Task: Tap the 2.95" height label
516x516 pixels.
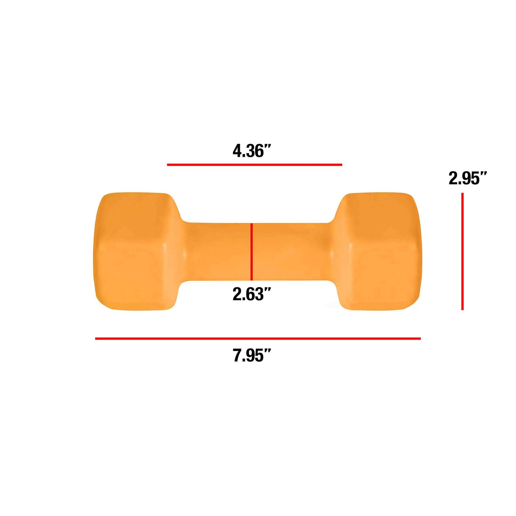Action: point(468,179)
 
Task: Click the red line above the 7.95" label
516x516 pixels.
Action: point(258,339)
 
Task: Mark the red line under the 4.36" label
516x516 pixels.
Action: point(255,165)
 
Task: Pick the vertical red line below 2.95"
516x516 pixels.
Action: point(463,251)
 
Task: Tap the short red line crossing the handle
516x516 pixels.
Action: point(252,251)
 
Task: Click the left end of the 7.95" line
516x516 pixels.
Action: point(96,339)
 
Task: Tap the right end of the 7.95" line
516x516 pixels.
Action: point(420,339)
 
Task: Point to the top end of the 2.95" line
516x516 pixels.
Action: point(463,194)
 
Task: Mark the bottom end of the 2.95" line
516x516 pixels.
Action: point(463,309)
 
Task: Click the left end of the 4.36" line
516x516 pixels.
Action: point(168,165)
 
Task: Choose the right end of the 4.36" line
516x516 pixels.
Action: point(342,165)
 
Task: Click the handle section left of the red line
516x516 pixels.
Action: point(217,251)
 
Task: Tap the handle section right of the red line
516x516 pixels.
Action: point(289,251)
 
